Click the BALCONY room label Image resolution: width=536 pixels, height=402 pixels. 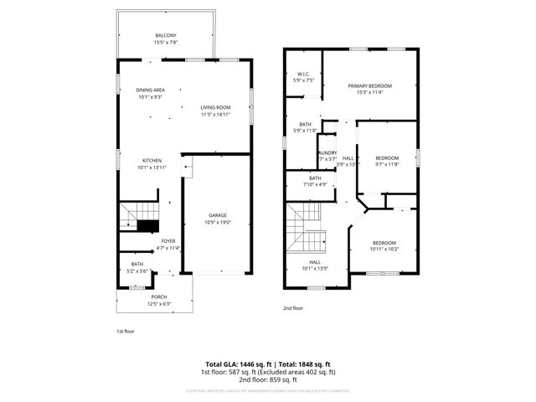click(x=165, y=35)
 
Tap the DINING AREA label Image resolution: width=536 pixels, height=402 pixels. click(x=150, y=90)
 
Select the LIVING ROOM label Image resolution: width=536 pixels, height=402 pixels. click(x=215, y=106)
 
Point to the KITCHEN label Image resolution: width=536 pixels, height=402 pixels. click(x=151, y=160)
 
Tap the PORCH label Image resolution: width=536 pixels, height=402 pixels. click(x=158, y=296)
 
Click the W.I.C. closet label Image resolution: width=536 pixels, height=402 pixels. click(x=304, y=75)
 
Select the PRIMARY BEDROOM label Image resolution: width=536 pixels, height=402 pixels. click(x=369, y=85)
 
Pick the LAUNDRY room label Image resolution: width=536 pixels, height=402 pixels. click(x=327, y=152)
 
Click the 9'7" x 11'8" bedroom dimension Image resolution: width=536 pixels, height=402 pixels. click(x=387, y=164)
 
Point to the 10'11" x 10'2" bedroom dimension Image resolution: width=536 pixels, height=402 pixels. click(x=384, y=249)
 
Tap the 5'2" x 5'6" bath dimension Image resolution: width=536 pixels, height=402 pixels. click(x=137, y=271)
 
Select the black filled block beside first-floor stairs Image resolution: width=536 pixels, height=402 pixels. click(x=148, y=226)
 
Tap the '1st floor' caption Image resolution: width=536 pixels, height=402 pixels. click(x=125, y=331)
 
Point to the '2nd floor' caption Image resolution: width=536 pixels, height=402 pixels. click(x=292, y=308)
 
